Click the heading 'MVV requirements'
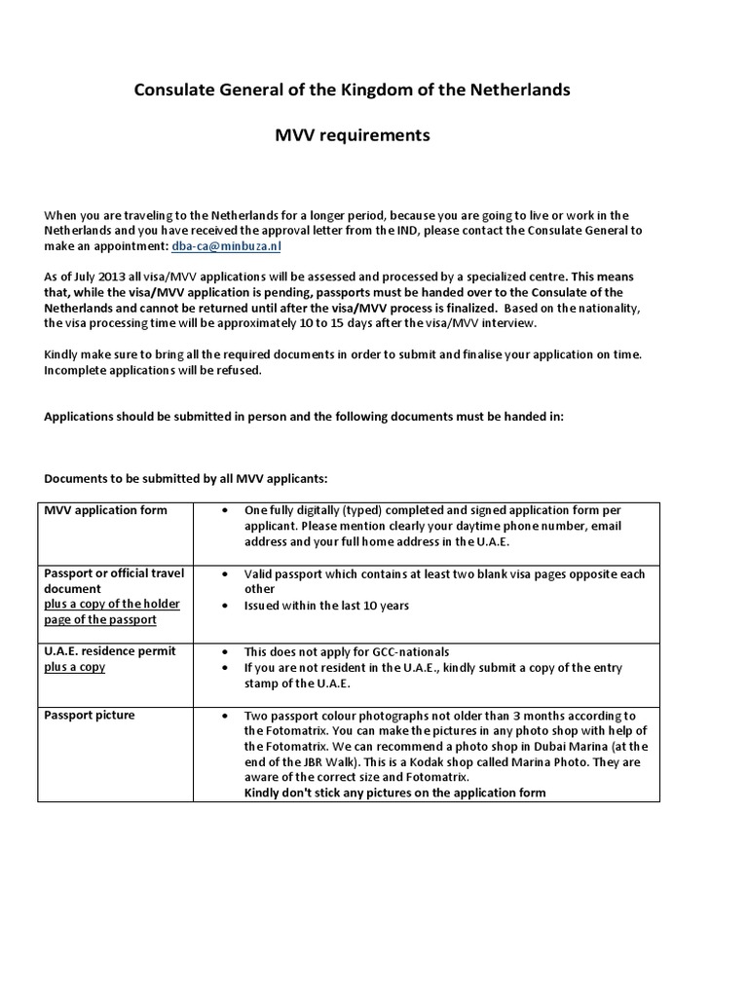(x=352, y=135)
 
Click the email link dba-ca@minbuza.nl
(x=219, y=246)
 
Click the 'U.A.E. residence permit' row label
(x=110, y=651)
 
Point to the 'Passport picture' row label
(x=90, y=716)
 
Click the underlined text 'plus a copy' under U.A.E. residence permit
(x=75, y=667)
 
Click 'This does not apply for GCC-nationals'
(x=347, y=651)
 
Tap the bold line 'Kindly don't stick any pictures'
(x=394, y=793)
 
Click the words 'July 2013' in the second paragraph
(x=93, y=277)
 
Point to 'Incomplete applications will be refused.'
(x=153, y=370)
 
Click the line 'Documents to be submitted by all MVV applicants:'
(x=186, y=479)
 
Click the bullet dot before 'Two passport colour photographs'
(x=225, y=716)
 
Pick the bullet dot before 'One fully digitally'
(x=225, y=510)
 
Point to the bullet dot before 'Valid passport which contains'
(x=225, y=574)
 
